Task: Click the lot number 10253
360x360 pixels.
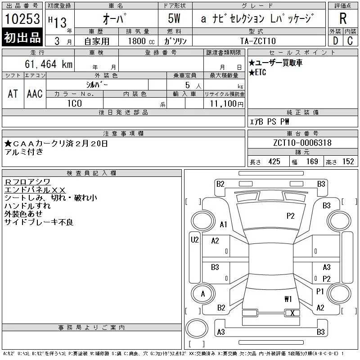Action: tap(22, 19)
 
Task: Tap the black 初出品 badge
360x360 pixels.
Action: tap(22, 38)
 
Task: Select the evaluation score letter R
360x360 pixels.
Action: tap(343, 19)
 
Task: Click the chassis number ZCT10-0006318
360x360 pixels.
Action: tap(302, 143)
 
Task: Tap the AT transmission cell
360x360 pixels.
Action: tap(13, 94)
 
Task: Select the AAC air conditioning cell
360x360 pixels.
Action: tap(35, 94)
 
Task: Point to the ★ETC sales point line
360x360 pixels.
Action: tap(257, 72)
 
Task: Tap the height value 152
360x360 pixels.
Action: tap(348, 162)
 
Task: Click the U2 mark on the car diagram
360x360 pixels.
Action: tap(194, 240)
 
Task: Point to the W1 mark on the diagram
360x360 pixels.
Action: tap(288, 299)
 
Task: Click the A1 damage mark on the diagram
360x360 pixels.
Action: tap(223, 225)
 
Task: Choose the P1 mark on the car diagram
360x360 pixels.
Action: tap(320, 292)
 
